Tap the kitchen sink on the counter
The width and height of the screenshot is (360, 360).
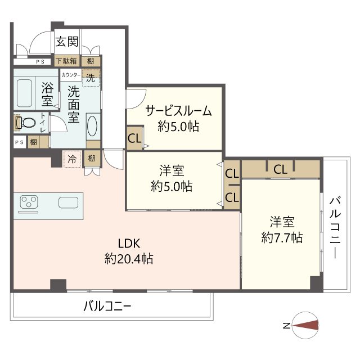[x=68, y=203]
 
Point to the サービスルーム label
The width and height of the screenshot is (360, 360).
[x=179, y=110]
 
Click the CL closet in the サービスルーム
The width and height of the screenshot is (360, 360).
[x=134, y=138]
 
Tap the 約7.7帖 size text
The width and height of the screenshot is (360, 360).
[x=282, y=238]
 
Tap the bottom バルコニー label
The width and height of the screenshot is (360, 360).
[x=107, y=307]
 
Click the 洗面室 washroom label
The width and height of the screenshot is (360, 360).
[x=74, y=103]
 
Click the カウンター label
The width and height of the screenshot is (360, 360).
[x=71, y=74]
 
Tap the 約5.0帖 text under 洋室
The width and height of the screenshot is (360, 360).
[x=172, y=186]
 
